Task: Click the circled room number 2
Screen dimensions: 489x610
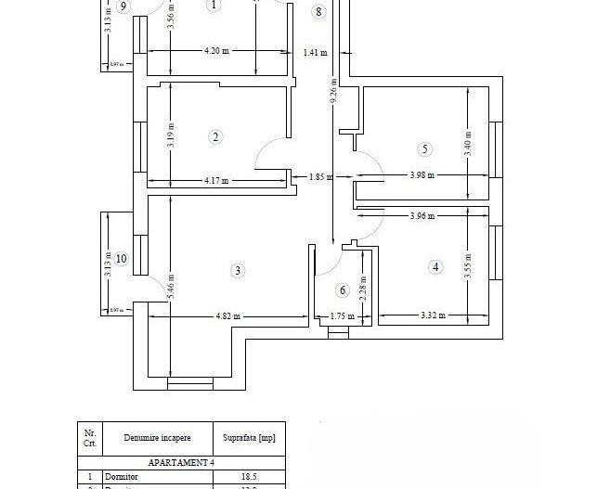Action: click(215, 137)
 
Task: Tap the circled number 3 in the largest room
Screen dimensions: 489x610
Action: click(239, 271)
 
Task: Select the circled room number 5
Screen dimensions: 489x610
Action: click(425, 148)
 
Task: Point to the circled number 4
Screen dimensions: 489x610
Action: click(436, 267)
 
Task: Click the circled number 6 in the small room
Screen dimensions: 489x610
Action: click(342, 290)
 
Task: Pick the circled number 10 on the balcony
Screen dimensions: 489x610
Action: click(121, 258)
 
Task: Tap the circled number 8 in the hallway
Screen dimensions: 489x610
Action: click(319, 12)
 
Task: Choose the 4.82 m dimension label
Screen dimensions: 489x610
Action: click(227, 315)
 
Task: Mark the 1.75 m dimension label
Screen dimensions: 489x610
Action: click(343, 315)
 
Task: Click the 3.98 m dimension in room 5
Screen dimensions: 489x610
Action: click(423, 175)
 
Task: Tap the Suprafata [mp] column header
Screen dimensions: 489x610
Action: click(249, 436)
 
